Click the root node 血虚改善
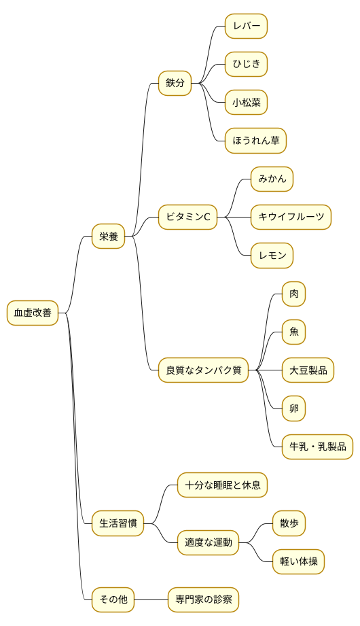pyautogui.click(x=33, y=313)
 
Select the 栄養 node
pyautogui.click(x=109, y=237)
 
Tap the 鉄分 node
pyautogui.click(x=175, y=83)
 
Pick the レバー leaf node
pyautogui.click(x=246, y=27)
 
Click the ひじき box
pyautogui.click(x=246, y=65)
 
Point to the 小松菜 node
pyautogui.click(x=246, y=103)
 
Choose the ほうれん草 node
pyautogui.click(x=255, y=141)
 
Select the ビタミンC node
pyautogui.click(x=187, y=218)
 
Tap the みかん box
pyautogui.click(x=272, y=179)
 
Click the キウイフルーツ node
pyautogui.click(x=291, y=218)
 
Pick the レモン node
pyautogui.click(x=272, y=256)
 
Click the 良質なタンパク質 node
pyautogui.click(x=204, y=370)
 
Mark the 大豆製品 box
pyautogui.click(x=308, y=370)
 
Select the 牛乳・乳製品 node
pyautogui.click(x=318, y=447)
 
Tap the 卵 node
pyautogui.click(x=294, y=408)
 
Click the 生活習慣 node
pyautogui.click(x=118, y=523)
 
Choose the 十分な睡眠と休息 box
pyautogui.click(x=223, y=485)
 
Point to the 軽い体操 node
pyautogui.click(x=299, y=561)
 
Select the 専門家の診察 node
pyautogui.click(x=204, y=599)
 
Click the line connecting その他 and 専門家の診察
pyautogui.click(x=151, y=599)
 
